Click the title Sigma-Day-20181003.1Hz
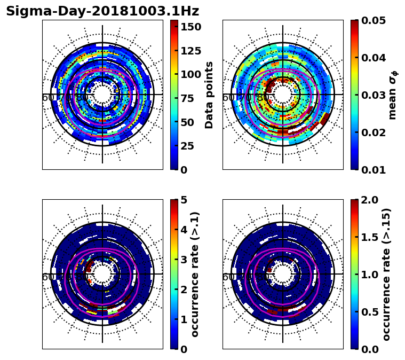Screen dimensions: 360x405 point(102,11)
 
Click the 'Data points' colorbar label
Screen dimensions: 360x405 point(209,95)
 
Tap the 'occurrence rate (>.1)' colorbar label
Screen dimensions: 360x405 point(195,275)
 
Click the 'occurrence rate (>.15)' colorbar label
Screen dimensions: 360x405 point(386,275)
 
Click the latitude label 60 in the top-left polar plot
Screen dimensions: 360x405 point(47,98)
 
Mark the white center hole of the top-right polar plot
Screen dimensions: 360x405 point(283,95)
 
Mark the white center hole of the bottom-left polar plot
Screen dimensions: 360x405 point(102,275)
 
